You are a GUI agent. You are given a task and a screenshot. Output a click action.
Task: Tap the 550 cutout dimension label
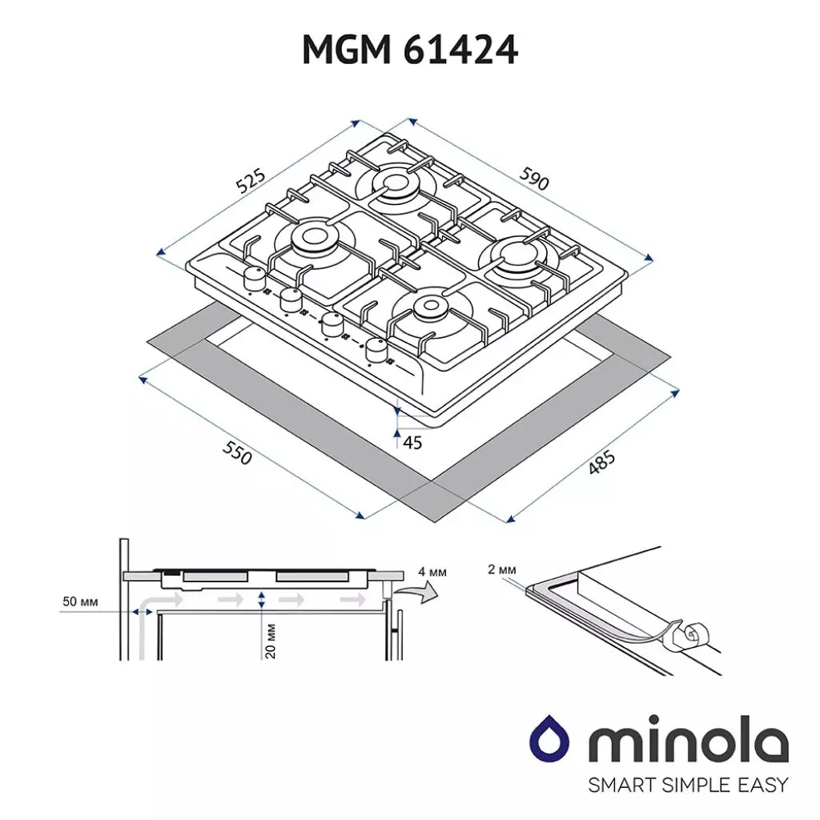[x=238, y=453]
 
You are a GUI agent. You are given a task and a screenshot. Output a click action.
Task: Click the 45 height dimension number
[x=412, y=442]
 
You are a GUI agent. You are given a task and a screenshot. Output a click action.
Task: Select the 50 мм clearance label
[x=79, y=601]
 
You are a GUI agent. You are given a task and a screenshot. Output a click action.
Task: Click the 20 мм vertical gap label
[x=270, y=641]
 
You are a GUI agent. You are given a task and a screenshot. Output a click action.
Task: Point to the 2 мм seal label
[x=501, y=569]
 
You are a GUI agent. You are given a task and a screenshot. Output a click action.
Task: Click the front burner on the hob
[x=431, y=307]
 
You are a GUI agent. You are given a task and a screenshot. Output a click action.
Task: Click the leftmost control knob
[x=255, y=279]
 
